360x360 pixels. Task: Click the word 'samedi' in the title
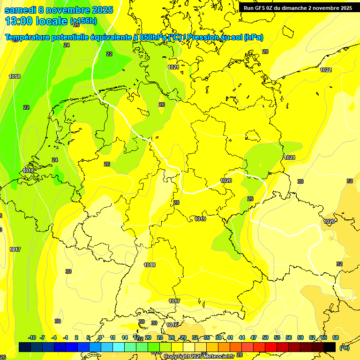tap(21, 10)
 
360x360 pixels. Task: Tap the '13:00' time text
tap(18, 21)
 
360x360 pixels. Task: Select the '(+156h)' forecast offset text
tap(83, 21)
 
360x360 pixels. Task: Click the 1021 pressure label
tap(173, 67)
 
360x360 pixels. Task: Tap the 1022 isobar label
tap(326, 70)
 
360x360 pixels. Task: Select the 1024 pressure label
tap(290, 157)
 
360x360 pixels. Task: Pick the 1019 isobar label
tap(201, 219)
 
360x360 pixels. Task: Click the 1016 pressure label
tap(172, 325)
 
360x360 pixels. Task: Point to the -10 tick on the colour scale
tap(32, 337)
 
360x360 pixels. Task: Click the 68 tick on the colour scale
tap(336, 337)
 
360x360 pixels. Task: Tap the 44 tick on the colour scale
tap(242, 337)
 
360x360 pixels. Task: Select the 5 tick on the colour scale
tap(88, 337)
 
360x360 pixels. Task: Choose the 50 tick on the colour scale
tap(265, 337)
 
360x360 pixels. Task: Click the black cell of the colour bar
tap(330, 347)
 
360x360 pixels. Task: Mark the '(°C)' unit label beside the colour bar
tap(344, 348)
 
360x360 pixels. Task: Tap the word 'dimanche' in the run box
tap(292, 8)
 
